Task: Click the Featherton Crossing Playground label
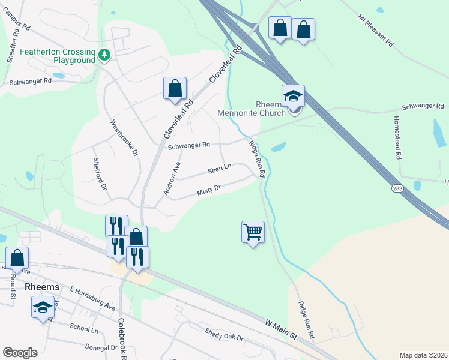click(58, 56)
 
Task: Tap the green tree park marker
click(105, 55)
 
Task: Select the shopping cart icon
click(253, 231)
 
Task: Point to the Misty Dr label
click(209, 191)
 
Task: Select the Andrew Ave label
click(172, 178)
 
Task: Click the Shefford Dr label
click(100, 175)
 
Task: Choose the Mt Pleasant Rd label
click(375, 32)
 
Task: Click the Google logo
click(20, 353)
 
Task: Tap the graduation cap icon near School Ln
click(43, 308)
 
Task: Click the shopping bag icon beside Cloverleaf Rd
click(174, 89)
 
